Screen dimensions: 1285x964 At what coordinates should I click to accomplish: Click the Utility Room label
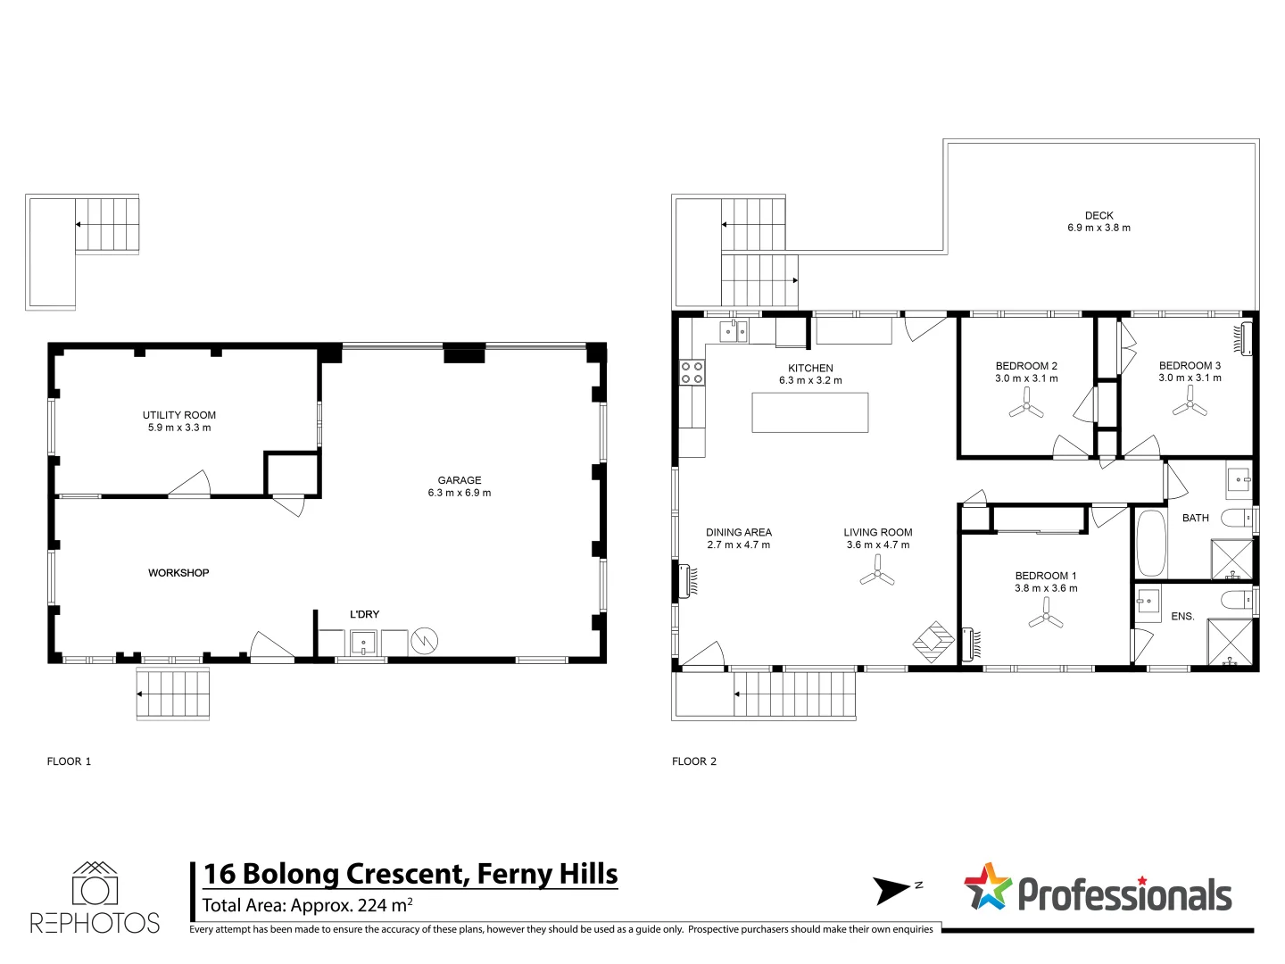pyautogui.click(x=179, y=415)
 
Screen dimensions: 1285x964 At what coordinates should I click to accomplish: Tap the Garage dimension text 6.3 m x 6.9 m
pyautogui.click(x=459, y=493)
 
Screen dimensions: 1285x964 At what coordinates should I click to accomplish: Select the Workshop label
pyautogui.click(x=178, y=573)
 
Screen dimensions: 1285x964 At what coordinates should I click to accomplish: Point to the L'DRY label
pyautogui.click(x=364, y=614)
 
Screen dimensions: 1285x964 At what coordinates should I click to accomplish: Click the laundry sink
pyautogui.click(x=363, y=643)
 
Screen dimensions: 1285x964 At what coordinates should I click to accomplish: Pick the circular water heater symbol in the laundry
pyautogui.click(x=425, y=641)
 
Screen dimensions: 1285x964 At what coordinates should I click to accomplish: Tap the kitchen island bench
pyautogui.click(x=809, y=412)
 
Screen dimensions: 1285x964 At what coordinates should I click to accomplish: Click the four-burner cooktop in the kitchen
pyautogui.click(x=692, y=372)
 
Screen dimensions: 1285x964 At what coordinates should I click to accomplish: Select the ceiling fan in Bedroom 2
pyautogui.click(x=1026, y=403)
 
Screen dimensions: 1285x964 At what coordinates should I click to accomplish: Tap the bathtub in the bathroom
pyautogui.click(x=1150, y=544)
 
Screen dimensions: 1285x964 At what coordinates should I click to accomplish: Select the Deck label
pyautogui.click(x=1098, y=215)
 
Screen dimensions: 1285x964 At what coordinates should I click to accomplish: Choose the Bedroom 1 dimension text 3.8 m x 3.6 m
pyautogui.click(x=1046, y=588)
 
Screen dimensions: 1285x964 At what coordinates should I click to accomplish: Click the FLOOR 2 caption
pyautogui.click(x=693, y=761)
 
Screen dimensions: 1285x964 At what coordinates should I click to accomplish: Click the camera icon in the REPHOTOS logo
pyautogui.click(x=95, y=884)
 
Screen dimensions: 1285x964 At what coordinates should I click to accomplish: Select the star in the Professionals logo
pyautogui.click(x=988, y=886)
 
